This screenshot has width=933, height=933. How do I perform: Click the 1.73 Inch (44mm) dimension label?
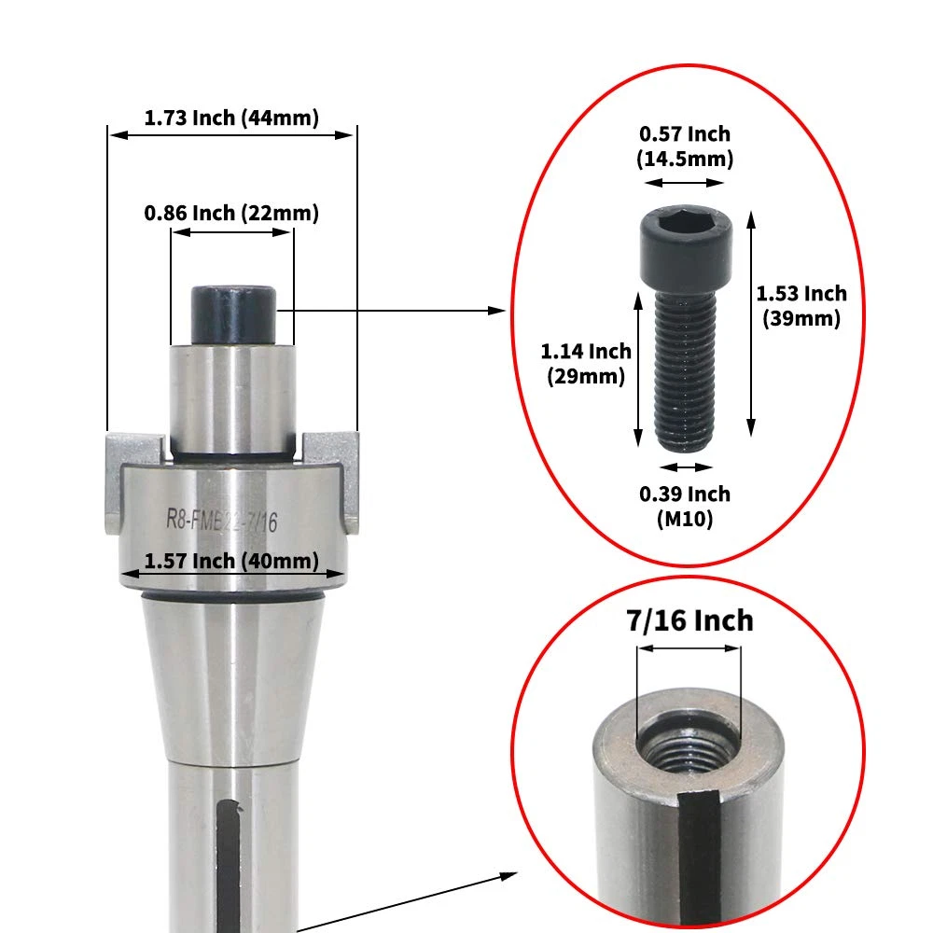[231, 118]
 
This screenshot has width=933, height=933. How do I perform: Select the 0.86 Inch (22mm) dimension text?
[231, 213]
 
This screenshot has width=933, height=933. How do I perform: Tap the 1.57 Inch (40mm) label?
[231, 561]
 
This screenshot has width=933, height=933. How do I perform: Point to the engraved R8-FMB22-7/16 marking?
[221, 520]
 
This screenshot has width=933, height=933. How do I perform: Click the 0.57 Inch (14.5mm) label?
[685, 146]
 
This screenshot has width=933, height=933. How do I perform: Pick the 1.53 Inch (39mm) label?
[801, 306]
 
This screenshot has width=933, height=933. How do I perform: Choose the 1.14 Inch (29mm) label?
[586, 364]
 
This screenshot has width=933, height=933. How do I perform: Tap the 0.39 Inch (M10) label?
[685, 507]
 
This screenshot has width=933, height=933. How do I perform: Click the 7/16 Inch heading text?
[689, 620]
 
